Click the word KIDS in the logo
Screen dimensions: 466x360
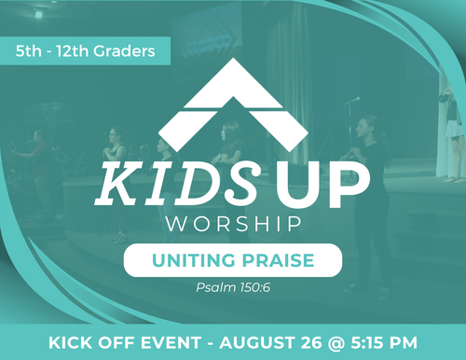point(178,183)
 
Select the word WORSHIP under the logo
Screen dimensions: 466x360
point(234,224)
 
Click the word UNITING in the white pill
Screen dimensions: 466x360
point(194,260)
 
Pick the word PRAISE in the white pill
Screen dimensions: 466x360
point(278,260)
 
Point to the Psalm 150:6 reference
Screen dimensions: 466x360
point(233,287)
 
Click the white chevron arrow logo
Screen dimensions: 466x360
point(233,105)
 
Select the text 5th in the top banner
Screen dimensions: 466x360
point(28,51)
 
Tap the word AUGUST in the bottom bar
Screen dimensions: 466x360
point(256,342)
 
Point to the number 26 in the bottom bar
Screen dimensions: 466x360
point(311,342)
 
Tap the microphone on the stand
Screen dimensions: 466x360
point(353,100)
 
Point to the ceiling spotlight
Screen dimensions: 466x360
point(38,14)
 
